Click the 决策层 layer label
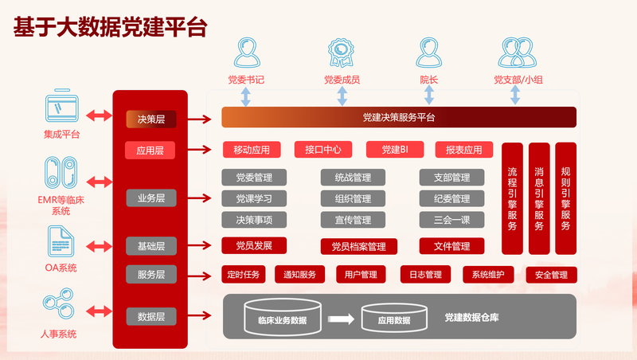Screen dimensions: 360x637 pos(150,119)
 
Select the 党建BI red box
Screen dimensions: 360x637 pos(394,150)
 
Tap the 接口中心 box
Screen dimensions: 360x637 pos(323,150)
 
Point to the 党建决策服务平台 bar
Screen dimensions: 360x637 pos(398,118)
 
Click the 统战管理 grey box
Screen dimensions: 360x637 pos(346,178)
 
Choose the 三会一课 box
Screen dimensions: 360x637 pos(451,220)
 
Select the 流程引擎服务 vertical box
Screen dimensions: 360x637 pos(512,198)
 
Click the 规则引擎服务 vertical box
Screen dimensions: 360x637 pos(565,198)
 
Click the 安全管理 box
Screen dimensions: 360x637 pos(551,276)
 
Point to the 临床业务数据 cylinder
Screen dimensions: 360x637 pos(282,318)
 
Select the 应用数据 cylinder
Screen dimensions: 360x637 pos(393,319)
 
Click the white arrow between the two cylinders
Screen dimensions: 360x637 pos(340,319)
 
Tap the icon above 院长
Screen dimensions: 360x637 pos(429,53)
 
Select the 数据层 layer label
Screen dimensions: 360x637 pos(150,317)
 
